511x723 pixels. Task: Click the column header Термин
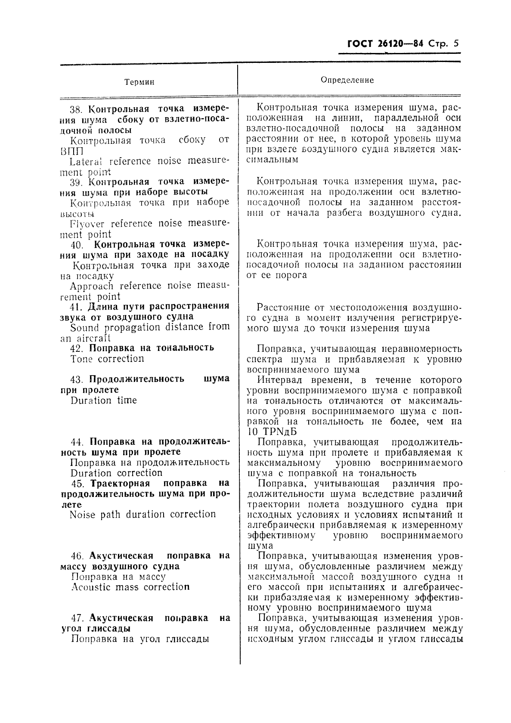coord(139,82)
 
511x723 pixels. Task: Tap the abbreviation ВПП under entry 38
coord(71,151)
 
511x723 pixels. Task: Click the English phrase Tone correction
coord(107,359)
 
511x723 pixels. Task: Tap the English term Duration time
coord(103,400)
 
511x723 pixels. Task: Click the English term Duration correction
coord(116,473)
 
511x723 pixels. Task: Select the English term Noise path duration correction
coord(142,514)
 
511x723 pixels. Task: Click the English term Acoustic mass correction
coord(130,587)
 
